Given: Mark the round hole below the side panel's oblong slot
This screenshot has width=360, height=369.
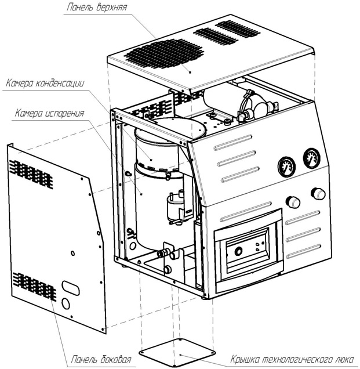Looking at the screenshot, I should click(x=66, y=303).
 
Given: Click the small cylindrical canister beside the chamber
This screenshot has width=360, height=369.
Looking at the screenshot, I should click(x=174, y=206).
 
